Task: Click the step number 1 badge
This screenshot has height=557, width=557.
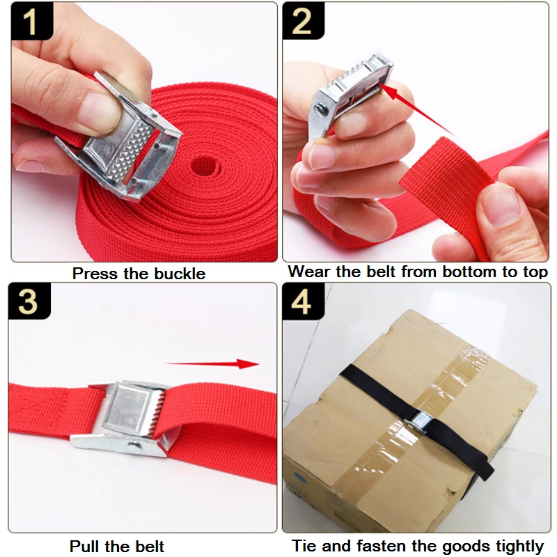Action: tap(32, 21)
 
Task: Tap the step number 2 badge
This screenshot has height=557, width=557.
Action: tap(303, 21)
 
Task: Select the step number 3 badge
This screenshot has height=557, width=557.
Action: tap(29, 301)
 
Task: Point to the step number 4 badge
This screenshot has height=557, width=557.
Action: tap(303, 301)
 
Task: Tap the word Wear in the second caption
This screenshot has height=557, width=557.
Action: tap(309, 272)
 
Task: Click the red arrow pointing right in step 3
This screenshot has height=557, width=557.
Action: tap(212, 363)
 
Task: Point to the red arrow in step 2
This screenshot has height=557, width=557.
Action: tap(416, 110)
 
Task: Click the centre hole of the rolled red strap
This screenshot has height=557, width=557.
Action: tap(204, 166)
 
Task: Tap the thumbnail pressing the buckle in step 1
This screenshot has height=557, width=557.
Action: tap(100, 113)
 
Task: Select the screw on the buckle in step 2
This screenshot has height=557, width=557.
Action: tap(322, 109)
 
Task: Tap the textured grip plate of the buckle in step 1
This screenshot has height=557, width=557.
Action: tap(130, 150)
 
